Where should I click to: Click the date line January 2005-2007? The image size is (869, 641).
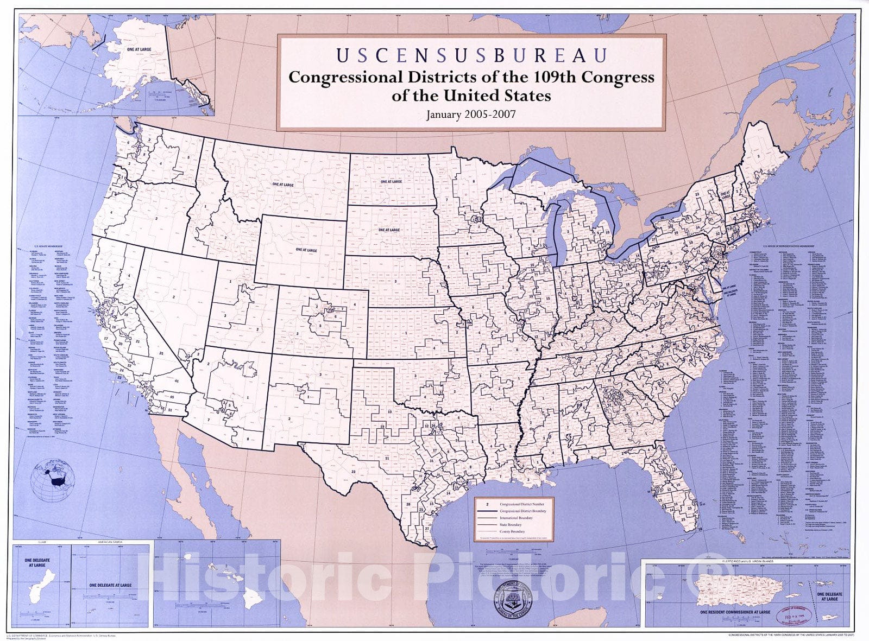coord(470,115)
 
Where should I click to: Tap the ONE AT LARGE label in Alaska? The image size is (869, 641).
coord(139,49)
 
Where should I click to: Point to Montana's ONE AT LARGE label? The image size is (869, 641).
coord(283,185)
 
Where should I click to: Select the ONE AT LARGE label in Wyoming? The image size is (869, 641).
coord(306,250)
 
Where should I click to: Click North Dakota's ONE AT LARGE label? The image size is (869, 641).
coord(391,181)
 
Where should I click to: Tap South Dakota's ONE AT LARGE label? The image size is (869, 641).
coord(389,230)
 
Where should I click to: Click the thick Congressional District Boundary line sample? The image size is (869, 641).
coord(487,511)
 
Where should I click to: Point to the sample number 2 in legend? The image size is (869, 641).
coord(487,504)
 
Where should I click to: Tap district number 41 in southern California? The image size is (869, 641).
coord(176,381)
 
